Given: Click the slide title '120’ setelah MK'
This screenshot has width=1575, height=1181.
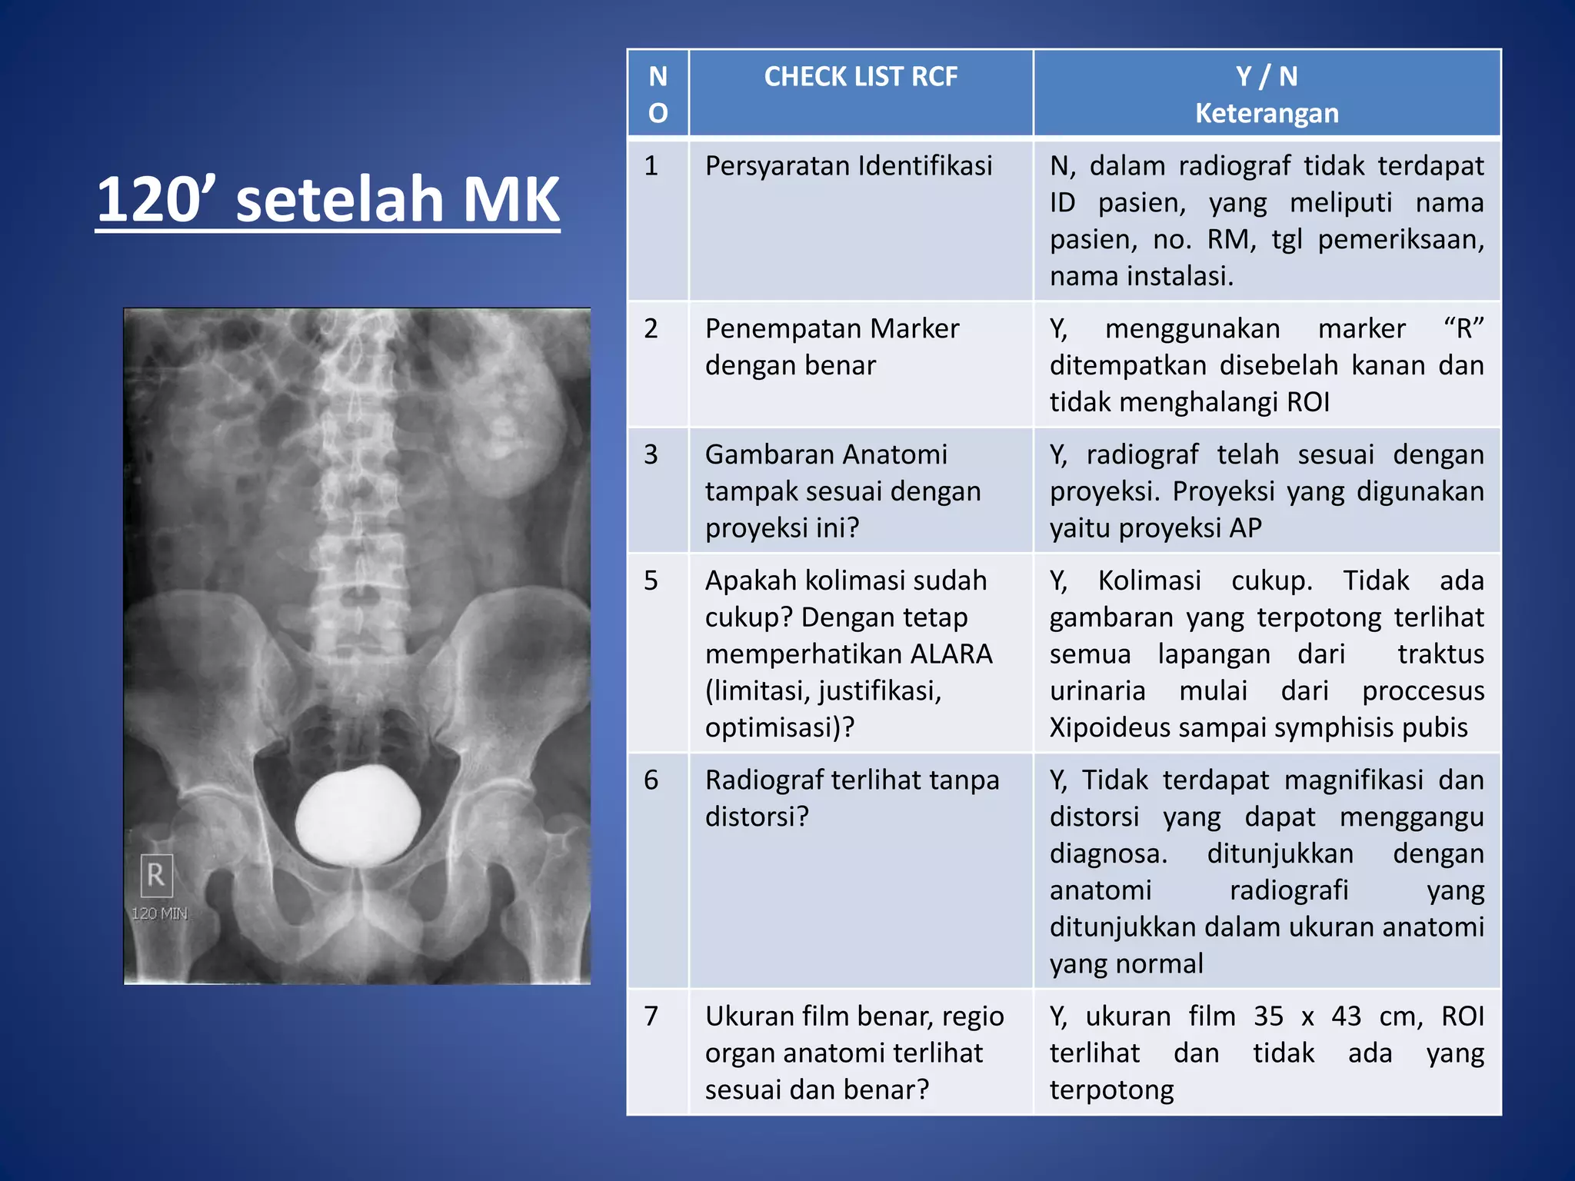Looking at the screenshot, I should point(328,199).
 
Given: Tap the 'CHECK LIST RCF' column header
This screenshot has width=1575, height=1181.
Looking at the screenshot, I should point(861,77).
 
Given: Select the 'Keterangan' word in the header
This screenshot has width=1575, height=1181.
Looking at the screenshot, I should point(1267,114).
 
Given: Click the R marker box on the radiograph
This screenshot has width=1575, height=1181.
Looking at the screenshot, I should point(156,875).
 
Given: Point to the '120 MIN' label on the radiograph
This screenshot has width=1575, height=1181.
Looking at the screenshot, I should point(159,913).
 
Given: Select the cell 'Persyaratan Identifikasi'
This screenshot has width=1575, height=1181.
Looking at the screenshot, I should point(848,166).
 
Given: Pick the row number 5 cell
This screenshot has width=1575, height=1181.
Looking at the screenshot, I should point(651,581).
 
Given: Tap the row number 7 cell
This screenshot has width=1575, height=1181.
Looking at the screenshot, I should point(651,1016).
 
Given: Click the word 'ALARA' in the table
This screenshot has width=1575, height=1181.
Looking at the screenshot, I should point(951,654).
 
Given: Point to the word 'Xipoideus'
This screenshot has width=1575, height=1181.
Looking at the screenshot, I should point(1101,728).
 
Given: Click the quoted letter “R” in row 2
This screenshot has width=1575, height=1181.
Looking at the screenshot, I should point(1463,329).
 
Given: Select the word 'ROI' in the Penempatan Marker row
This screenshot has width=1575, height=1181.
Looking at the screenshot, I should point(1307,402).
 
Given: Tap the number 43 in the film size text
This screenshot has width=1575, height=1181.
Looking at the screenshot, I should point(1346,1016).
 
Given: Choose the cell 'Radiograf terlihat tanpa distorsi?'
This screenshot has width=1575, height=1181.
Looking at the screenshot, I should point(851,798).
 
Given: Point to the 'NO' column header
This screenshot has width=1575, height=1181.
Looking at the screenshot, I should point(658,95).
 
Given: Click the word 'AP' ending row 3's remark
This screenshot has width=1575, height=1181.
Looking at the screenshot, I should point(1244,528).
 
